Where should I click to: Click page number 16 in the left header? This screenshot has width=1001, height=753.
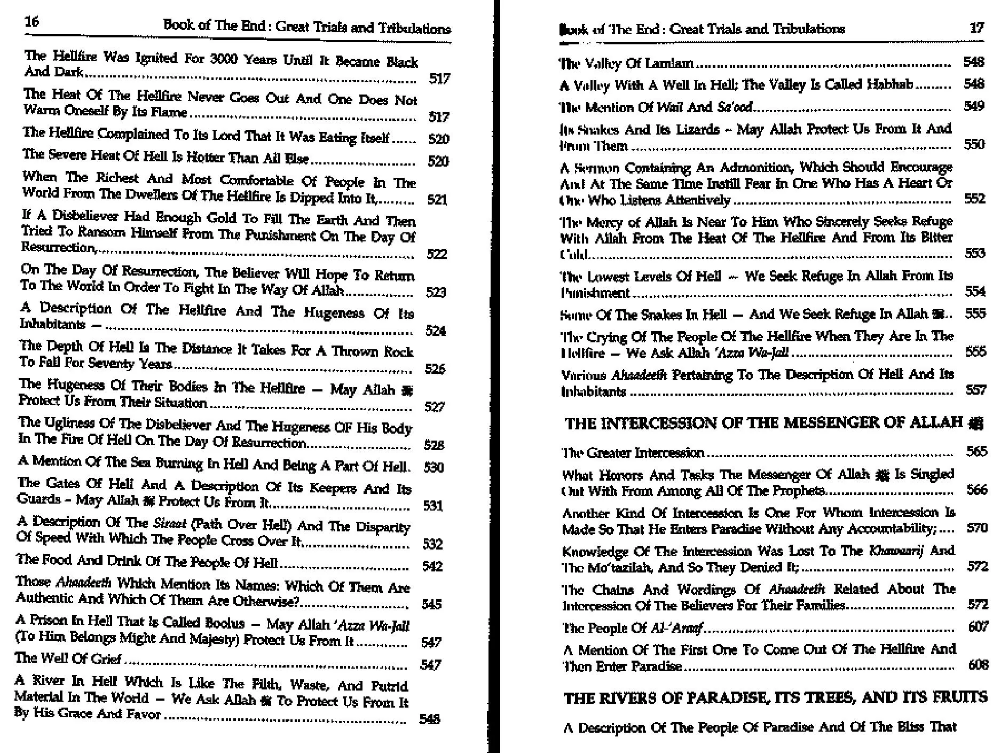pyautogui.click(x=31, y=21)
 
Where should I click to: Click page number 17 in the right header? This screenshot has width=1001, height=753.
pyautogui.click(x=976, y=28)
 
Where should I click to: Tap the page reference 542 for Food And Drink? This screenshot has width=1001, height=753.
pyautogui.click(x=432, y=566)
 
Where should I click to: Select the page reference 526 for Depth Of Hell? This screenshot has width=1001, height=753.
pyautogui.click(x=435, y=368)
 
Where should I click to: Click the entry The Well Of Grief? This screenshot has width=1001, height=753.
pyautogui.click(x=69, y=658)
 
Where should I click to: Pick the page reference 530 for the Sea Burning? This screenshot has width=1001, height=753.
pyautogui.click(x=433, y=467)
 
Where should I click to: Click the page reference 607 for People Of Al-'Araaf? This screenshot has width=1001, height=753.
pyautogui.click(x=977, y=626)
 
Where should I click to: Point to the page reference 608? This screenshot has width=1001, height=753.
pyautogui.click(x=977, y=665)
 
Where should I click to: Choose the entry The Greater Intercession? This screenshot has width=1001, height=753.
pyautogui.click(x=633, y=453)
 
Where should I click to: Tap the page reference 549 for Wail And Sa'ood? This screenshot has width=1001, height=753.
pyautogui.click(x=974, y=106)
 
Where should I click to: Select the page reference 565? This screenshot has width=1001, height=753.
pyautogui.click(x=976, y=452)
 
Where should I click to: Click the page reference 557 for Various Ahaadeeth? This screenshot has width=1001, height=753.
pyautogui.click(x=975, y=390)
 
